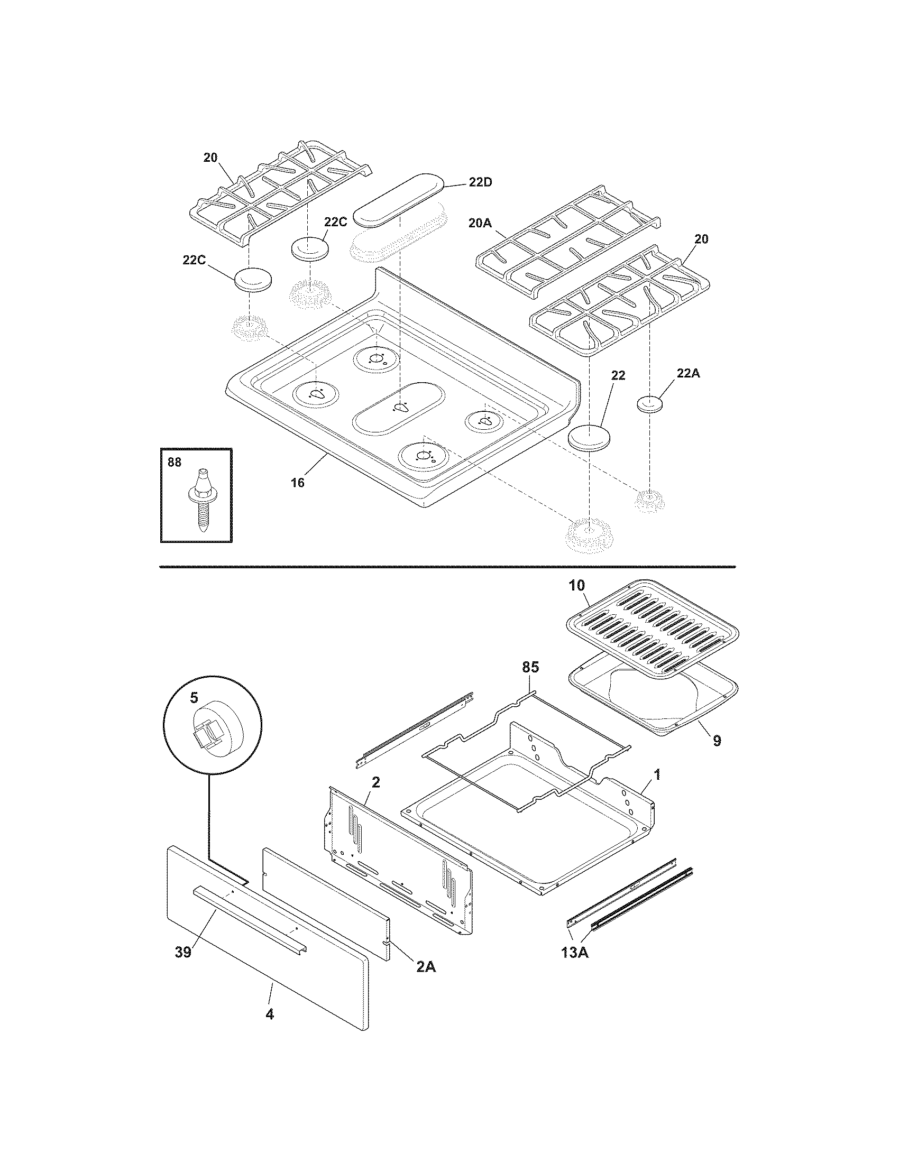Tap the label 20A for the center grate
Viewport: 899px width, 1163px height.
(x=480, y=224)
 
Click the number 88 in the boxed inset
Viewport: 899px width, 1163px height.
(x=174, y=462)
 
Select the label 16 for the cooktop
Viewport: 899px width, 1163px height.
(x=297, y=483)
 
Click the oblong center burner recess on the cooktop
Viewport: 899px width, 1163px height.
(x=397, y=407)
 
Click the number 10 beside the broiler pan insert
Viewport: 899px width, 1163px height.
(x=576, y=585)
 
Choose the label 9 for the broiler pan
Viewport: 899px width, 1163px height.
(x=717, y=740)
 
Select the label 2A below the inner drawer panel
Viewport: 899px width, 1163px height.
(x=426, y=966)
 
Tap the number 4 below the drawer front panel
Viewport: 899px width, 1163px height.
(x=270, y=1014)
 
